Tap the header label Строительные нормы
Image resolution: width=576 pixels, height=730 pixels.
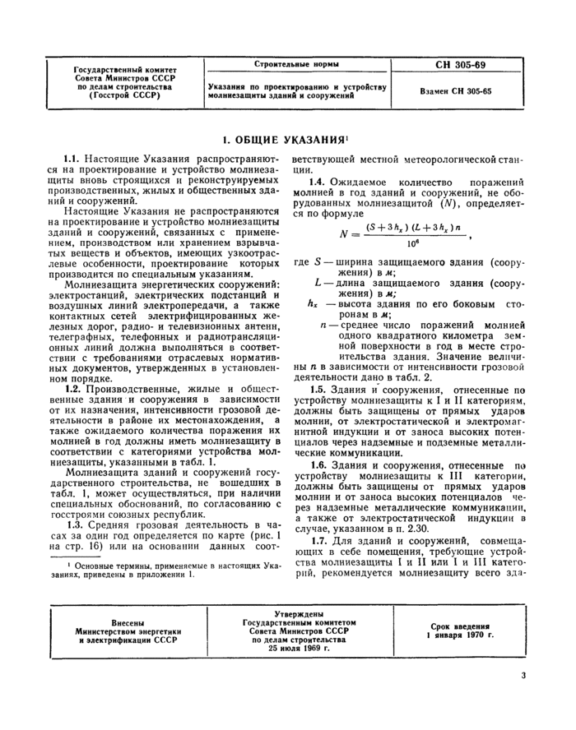[x=295, y=64]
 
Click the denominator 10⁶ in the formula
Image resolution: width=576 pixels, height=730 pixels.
[x=404, y=245]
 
